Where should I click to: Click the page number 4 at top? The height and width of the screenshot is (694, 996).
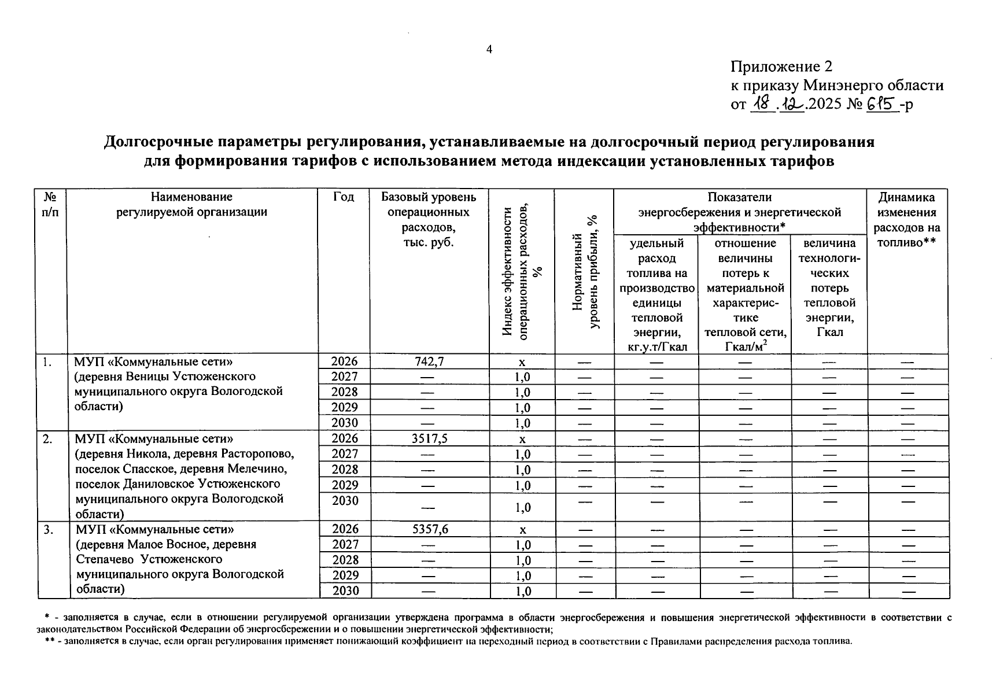pyautogui.click(x=489, y=50)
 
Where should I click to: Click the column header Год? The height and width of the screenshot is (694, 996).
pyautogui.click(x=344, y=197)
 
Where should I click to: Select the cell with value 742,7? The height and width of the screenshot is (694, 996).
pyautogui.click(x=429, y=361)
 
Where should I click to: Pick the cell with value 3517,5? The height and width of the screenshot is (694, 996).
pyautogui.click(x=429, y=438)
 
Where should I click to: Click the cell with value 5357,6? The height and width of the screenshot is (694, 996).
pyautogui.click(x=429, y=529)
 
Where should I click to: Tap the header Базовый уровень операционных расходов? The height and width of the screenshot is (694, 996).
pyautogui.click(x=429, y=219)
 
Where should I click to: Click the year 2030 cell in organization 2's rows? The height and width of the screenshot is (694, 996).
pyautogui.click(x=344, y=501)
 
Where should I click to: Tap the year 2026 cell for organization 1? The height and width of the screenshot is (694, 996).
pyautogui.click(x=344, y=361)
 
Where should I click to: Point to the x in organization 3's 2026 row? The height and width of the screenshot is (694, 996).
pyautogui.click(x=522, y=530)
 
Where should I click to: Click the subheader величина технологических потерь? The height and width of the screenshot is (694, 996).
pyautogui.click(x=829, y=287)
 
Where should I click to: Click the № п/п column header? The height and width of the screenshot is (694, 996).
pyautogui.click(x=50, y=204)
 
